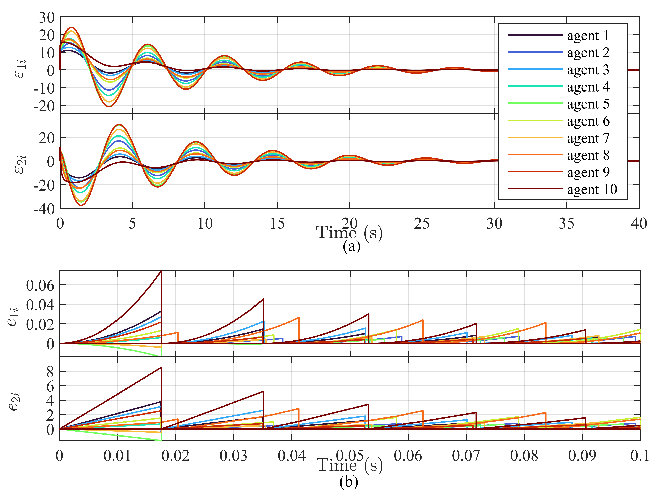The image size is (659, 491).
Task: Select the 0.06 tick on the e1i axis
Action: click(x=40, y=286)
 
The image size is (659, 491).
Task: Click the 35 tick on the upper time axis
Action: click(x=567, y=223)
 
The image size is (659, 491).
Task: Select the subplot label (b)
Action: click(x=348, y=482)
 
